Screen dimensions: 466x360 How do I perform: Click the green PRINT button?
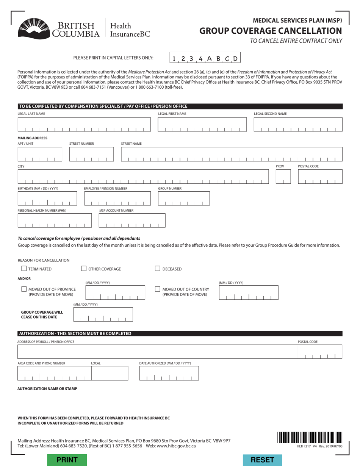[67, 460]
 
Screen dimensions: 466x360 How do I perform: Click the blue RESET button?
[262, 460]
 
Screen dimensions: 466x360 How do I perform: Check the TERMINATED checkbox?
[24, 269]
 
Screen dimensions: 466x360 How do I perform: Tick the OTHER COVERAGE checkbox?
[84, 269]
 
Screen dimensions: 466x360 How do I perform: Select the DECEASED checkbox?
[158, 269]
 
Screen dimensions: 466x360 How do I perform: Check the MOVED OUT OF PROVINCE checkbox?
[24, 289]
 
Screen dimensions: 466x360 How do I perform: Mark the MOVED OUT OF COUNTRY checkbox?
[158, 289]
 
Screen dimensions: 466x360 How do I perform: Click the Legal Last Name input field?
[84, 124]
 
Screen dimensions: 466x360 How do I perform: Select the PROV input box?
[283, 177]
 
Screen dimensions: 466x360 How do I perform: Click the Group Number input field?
[183, 198]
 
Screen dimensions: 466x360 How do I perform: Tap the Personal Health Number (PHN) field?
[55, 220]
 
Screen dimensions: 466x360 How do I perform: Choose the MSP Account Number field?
[132, 220]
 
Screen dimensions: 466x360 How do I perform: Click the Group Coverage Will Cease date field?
[103, 314]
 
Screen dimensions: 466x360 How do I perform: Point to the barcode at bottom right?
[310, 438]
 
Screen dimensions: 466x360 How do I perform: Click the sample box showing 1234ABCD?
[205, 58]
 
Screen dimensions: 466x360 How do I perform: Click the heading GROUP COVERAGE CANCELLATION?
[271, 31]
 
